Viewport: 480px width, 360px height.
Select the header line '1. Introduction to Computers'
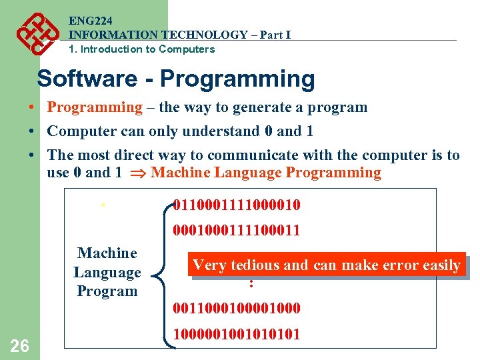pos(141,49)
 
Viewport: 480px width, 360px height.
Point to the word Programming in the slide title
pos(237,79)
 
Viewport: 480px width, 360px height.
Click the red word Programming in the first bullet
pos(95,107)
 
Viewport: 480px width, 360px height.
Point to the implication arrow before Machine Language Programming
pos(139,173)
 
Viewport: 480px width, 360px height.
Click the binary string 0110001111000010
pos(236,205)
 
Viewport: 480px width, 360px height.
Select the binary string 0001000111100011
pos(236,231)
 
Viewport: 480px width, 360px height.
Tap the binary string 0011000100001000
pos(236,308)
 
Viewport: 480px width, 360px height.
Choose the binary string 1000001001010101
pos(236,334)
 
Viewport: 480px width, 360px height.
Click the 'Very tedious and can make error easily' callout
pos(326,265)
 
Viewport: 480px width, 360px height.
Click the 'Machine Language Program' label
pos(107,272)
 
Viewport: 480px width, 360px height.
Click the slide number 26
pos(20,345)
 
